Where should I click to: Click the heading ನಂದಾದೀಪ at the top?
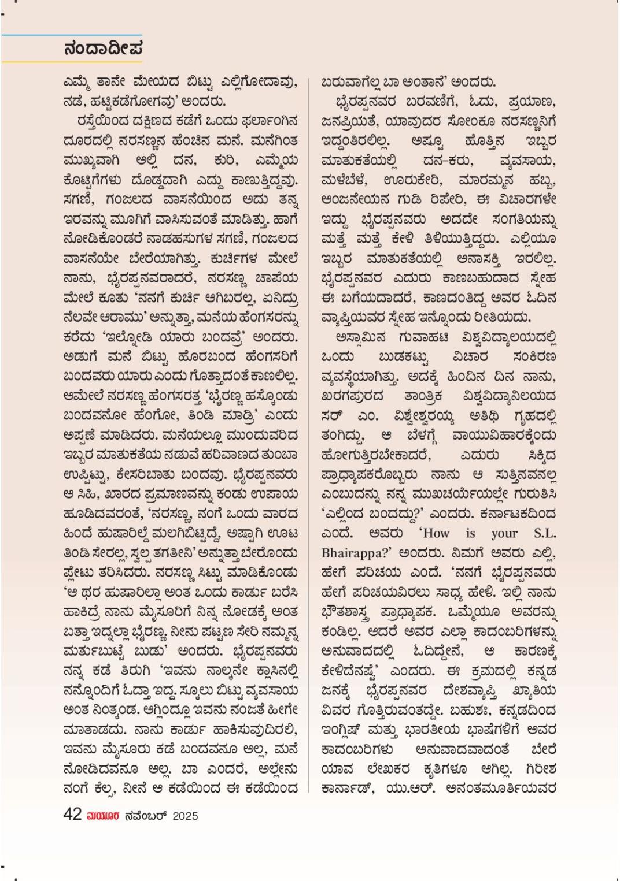click(x=104, y=48)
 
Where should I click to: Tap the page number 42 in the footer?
click(x=72, y=815)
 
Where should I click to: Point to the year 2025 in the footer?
click(x=185, y=816)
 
